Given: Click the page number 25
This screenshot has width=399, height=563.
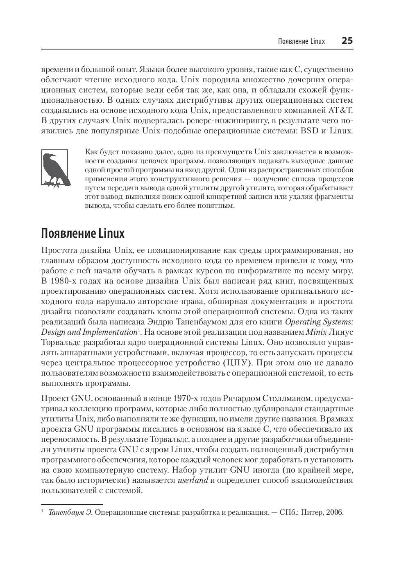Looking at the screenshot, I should coord(347,41).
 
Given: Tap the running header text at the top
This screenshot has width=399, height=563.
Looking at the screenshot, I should coord(301,41).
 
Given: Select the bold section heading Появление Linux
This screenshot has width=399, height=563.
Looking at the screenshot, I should coord(82,234).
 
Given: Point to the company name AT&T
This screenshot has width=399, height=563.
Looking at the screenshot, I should coord(340,110).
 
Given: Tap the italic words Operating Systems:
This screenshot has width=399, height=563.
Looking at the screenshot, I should coord(319,322).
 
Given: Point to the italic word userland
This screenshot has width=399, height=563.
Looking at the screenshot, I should coord(193,480).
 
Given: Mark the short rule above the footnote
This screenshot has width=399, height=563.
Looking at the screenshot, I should coord(72,504).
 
